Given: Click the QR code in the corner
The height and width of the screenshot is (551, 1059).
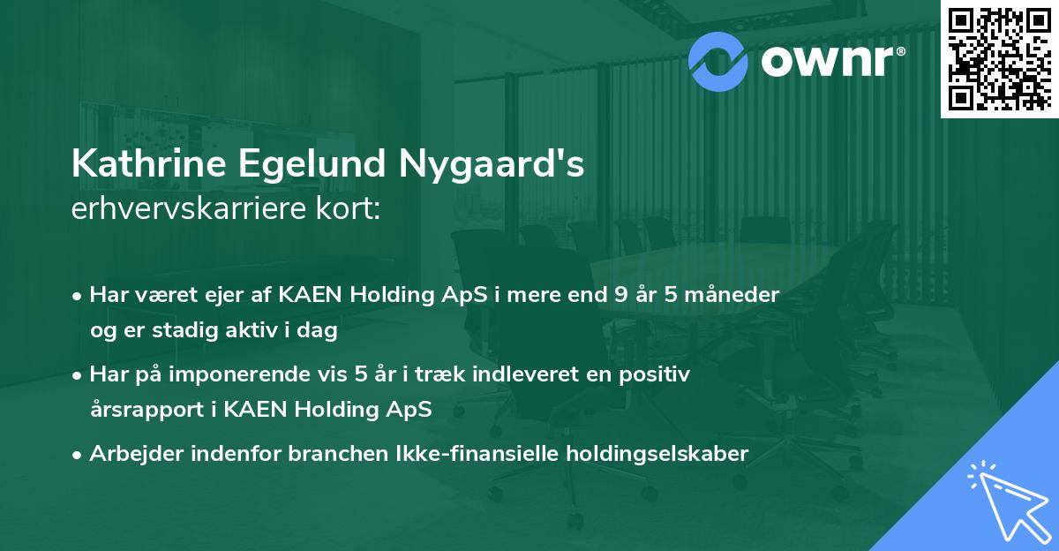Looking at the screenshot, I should (999, 58).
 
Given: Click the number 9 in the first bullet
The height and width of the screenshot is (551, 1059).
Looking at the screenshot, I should (623, 295).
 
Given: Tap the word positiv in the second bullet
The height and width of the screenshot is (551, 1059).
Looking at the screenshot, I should (657, 374).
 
